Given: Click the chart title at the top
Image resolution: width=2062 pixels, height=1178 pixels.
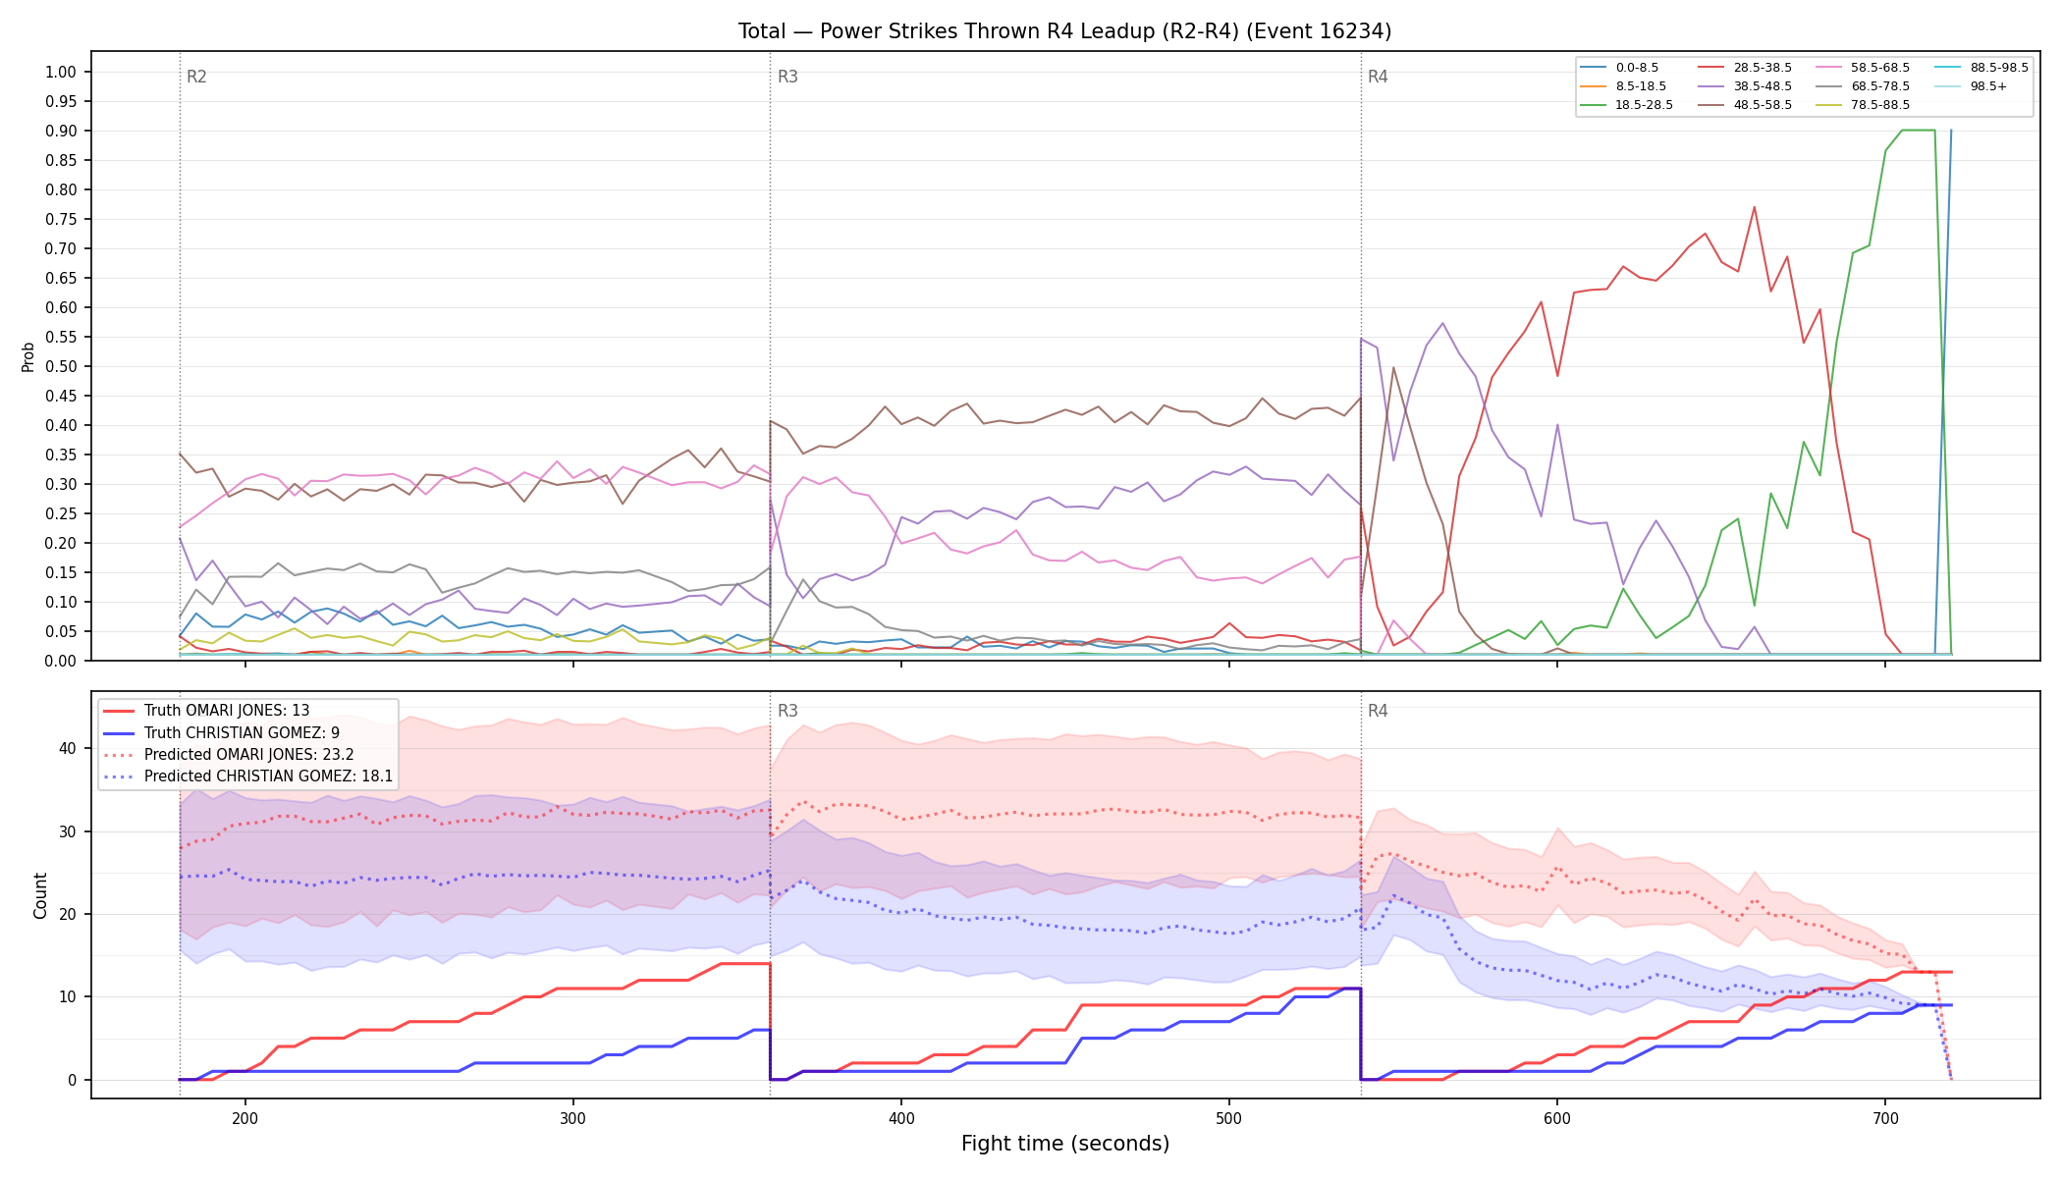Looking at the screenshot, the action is [x=1064, y=31].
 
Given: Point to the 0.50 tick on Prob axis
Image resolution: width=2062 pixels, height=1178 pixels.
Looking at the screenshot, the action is [x=61, y=366].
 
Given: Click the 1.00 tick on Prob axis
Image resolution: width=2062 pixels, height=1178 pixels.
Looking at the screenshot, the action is [x=61, y=72].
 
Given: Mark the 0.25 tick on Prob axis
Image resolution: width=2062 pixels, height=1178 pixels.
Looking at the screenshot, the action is [x=61, y=513].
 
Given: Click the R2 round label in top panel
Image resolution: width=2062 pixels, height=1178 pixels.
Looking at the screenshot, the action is [x=196, y=77].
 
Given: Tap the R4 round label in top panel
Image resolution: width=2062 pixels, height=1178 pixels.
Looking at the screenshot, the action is [x=1378, y=77].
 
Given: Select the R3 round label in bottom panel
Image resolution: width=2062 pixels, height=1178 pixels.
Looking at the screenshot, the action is [x=787, y=711].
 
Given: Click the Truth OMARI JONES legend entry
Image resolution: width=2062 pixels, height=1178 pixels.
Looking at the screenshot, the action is [x=227, y=711].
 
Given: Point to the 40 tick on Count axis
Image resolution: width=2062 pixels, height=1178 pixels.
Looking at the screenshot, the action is [x=68, y=748].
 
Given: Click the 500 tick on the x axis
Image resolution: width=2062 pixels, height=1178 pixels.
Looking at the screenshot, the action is [x=1229, y=1118].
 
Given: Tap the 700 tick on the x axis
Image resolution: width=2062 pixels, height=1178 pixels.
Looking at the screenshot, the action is [x=1885, y=1118].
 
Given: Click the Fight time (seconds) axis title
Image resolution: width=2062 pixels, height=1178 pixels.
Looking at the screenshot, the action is [x=1065, y=1144].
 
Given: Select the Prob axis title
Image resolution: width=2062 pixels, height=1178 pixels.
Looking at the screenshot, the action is [x=28, y=356].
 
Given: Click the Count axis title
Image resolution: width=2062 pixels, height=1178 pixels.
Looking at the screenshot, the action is [x=40, y=895].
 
